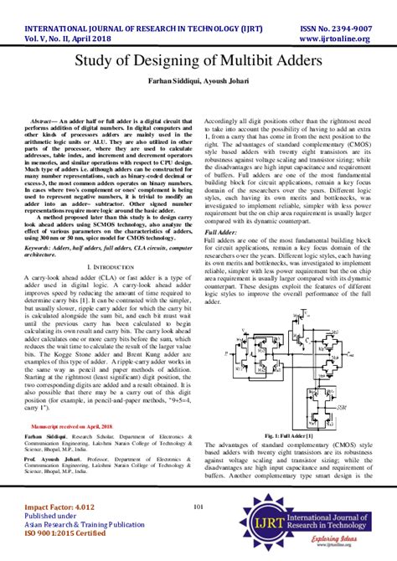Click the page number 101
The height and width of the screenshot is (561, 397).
point(198,506)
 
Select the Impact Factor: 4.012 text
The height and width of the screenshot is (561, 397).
point(53,507)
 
